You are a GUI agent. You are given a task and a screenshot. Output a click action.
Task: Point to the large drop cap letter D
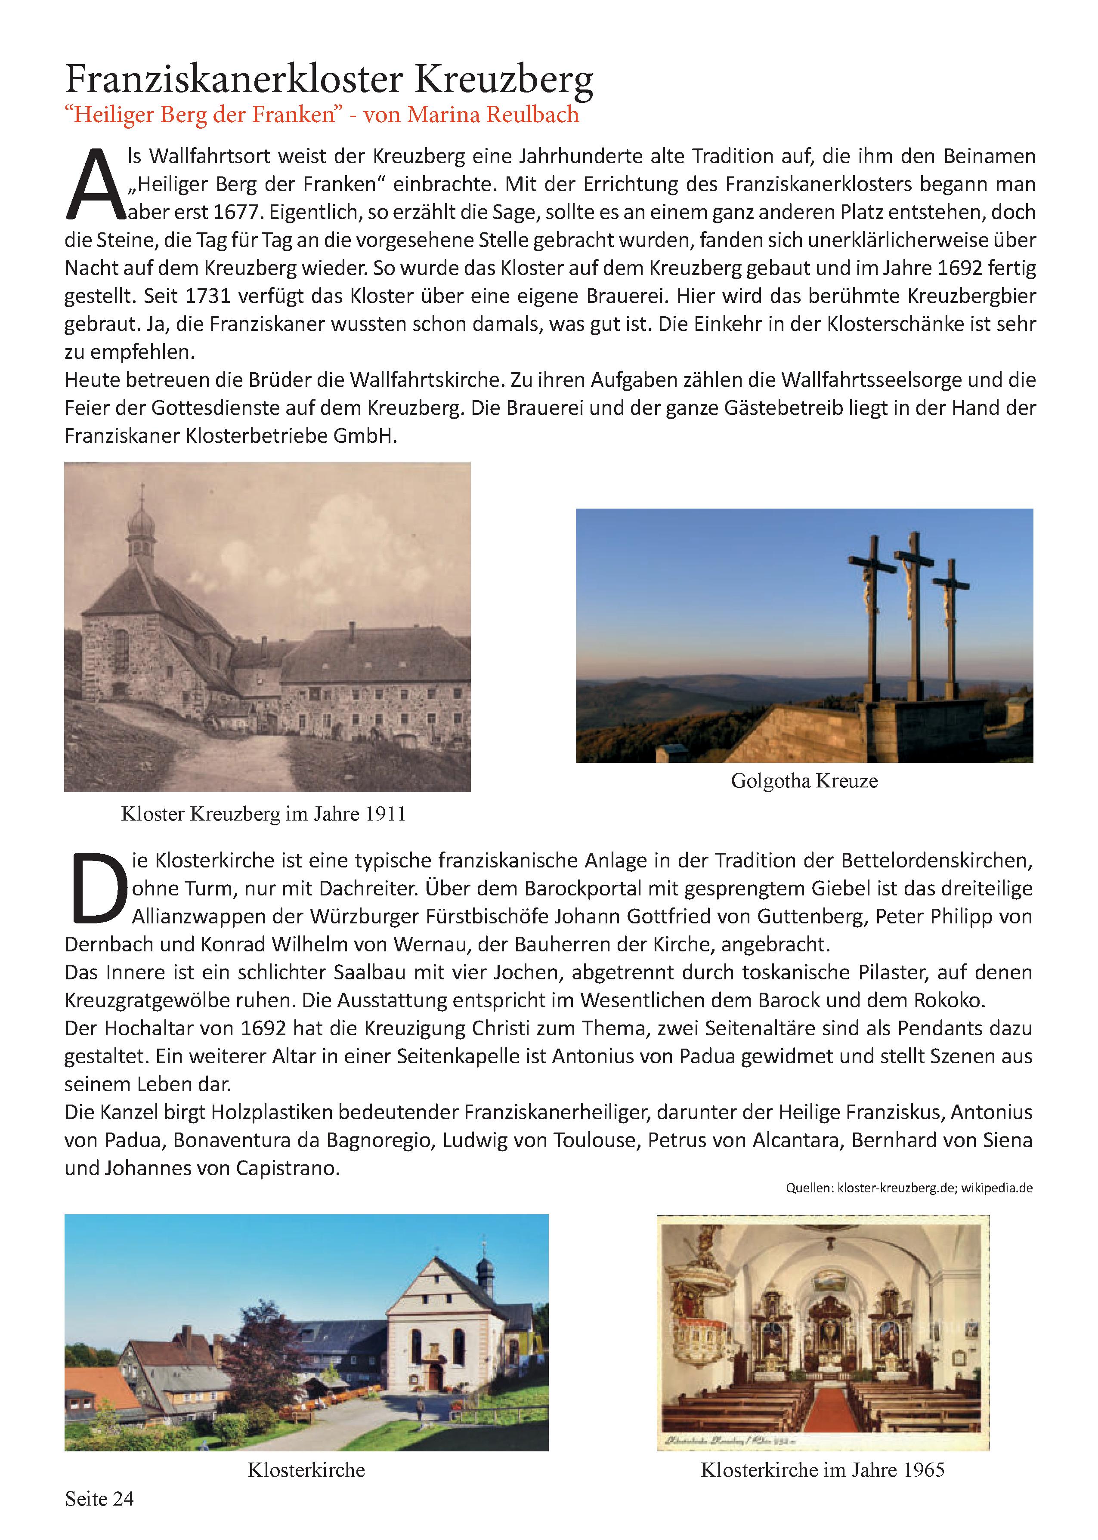point(99,889)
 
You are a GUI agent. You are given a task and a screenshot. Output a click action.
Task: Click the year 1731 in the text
point(207,296)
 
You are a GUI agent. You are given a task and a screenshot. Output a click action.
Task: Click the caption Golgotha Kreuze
point(804,781)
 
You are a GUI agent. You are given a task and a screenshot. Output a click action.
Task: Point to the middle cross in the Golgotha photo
point(914,608)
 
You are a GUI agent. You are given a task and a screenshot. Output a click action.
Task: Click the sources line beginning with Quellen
point(909,1188)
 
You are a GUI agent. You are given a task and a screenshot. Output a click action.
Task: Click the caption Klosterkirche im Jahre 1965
point(822,1470)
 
